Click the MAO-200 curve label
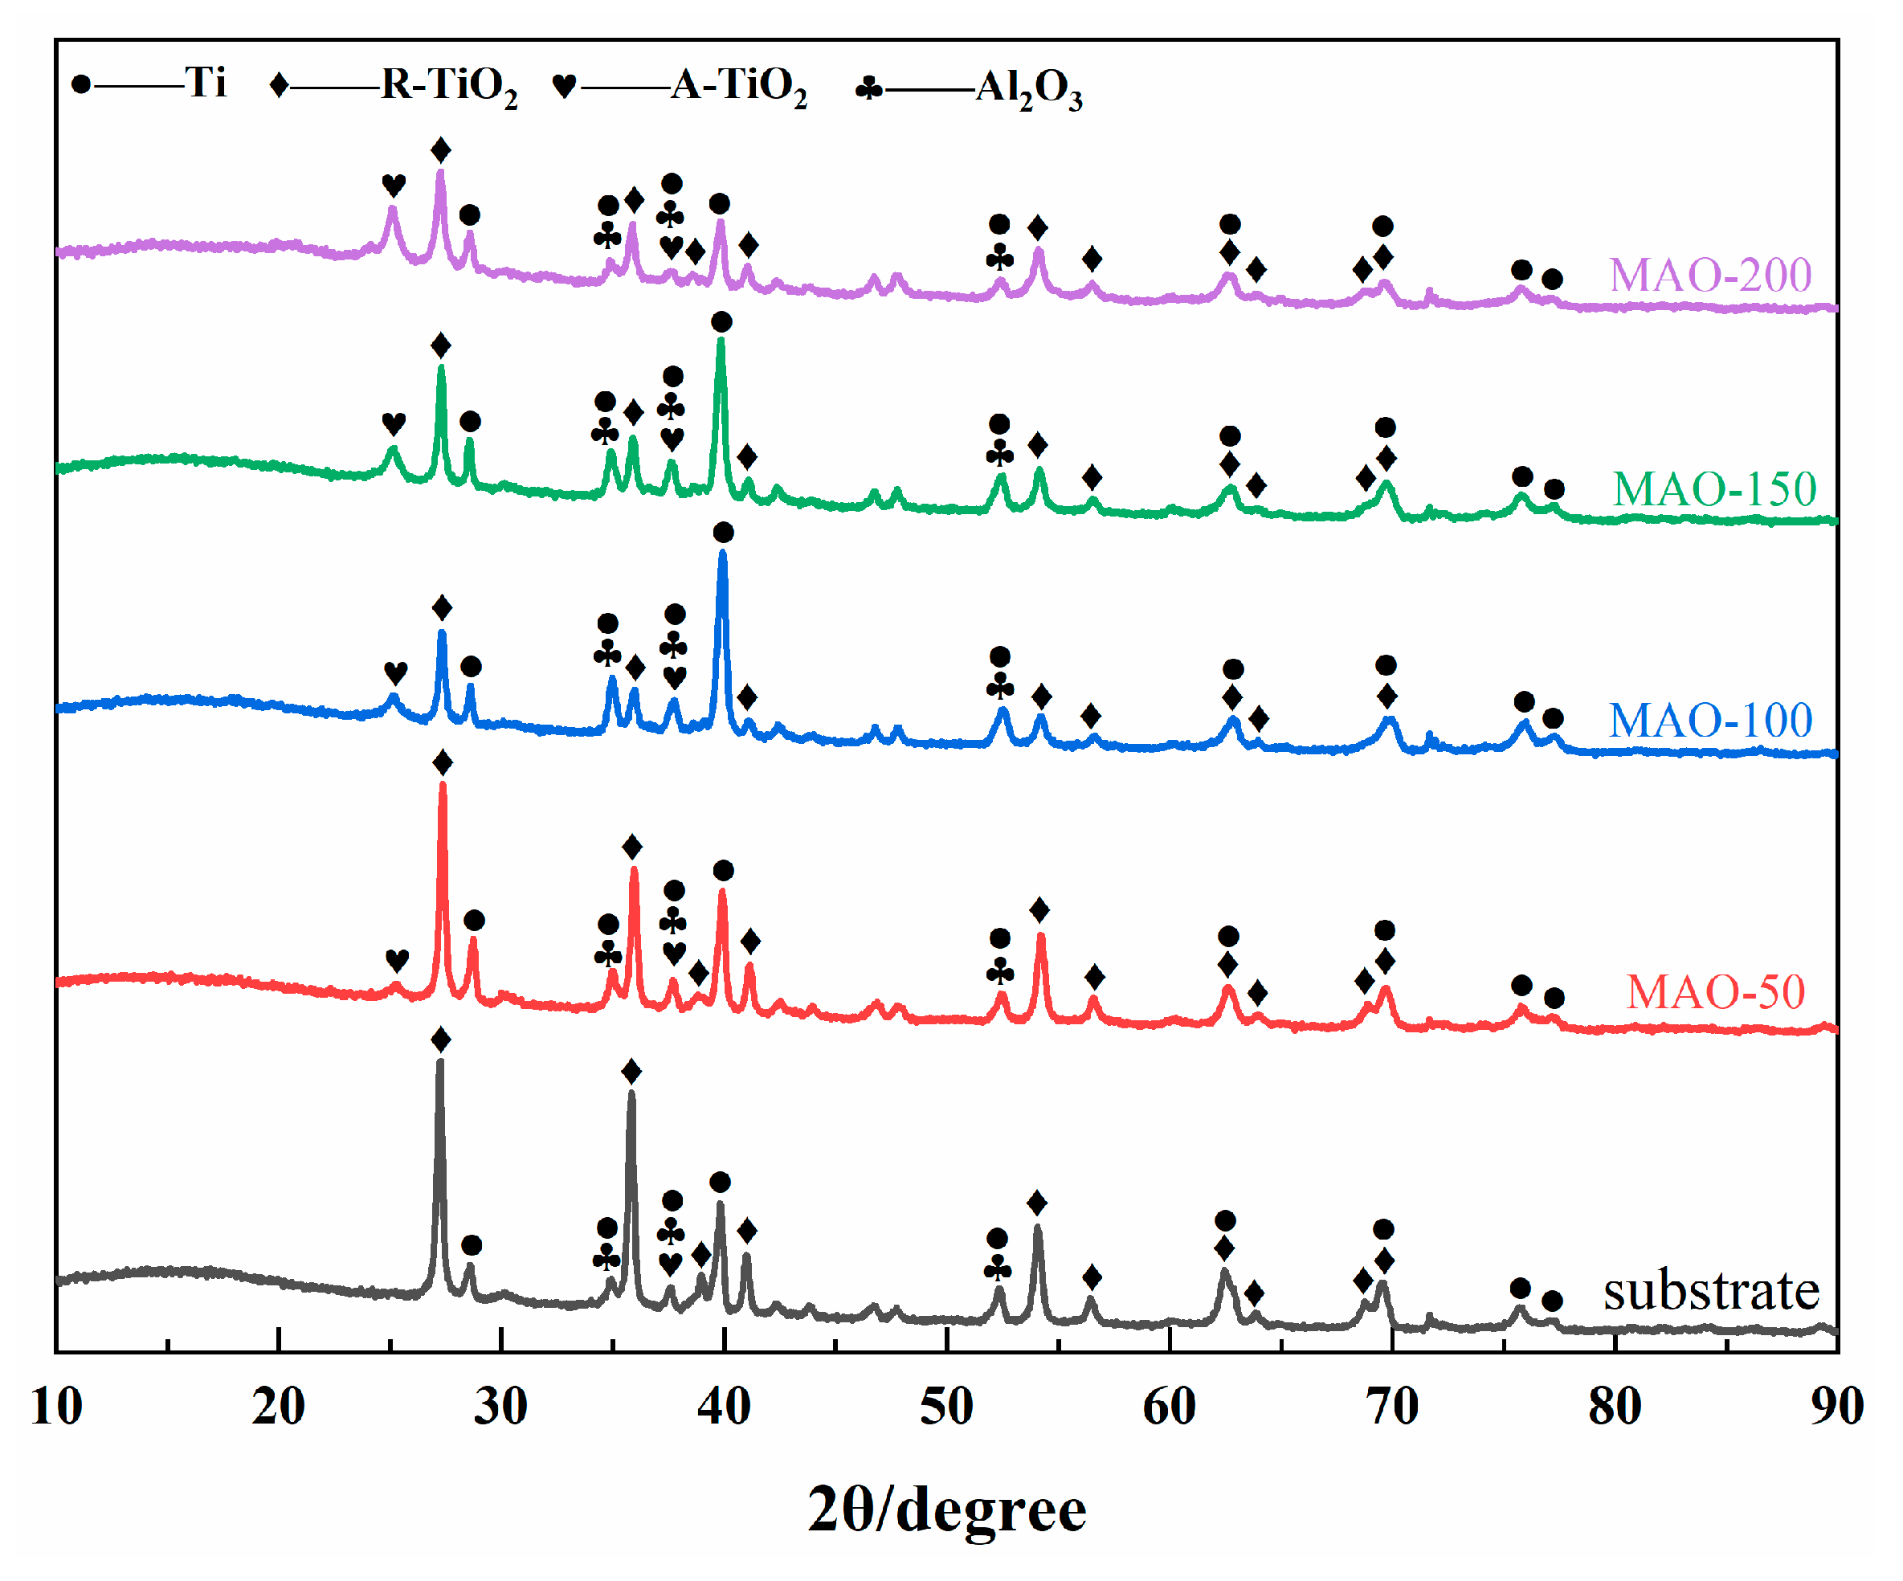pos(1709,275)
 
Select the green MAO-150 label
pos(1713,489)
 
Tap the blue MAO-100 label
pos(1710,721)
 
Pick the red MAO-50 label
pos(1714,992)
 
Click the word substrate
pos(1711,1290)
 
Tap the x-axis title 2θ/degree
pos(946,1510)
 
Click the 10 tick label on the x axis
pos(56,1406)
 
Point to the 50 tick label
pos(946,1406)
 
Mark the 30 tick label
pos(500,1406)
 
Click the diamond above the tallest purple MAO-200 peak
pos(440,150)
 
